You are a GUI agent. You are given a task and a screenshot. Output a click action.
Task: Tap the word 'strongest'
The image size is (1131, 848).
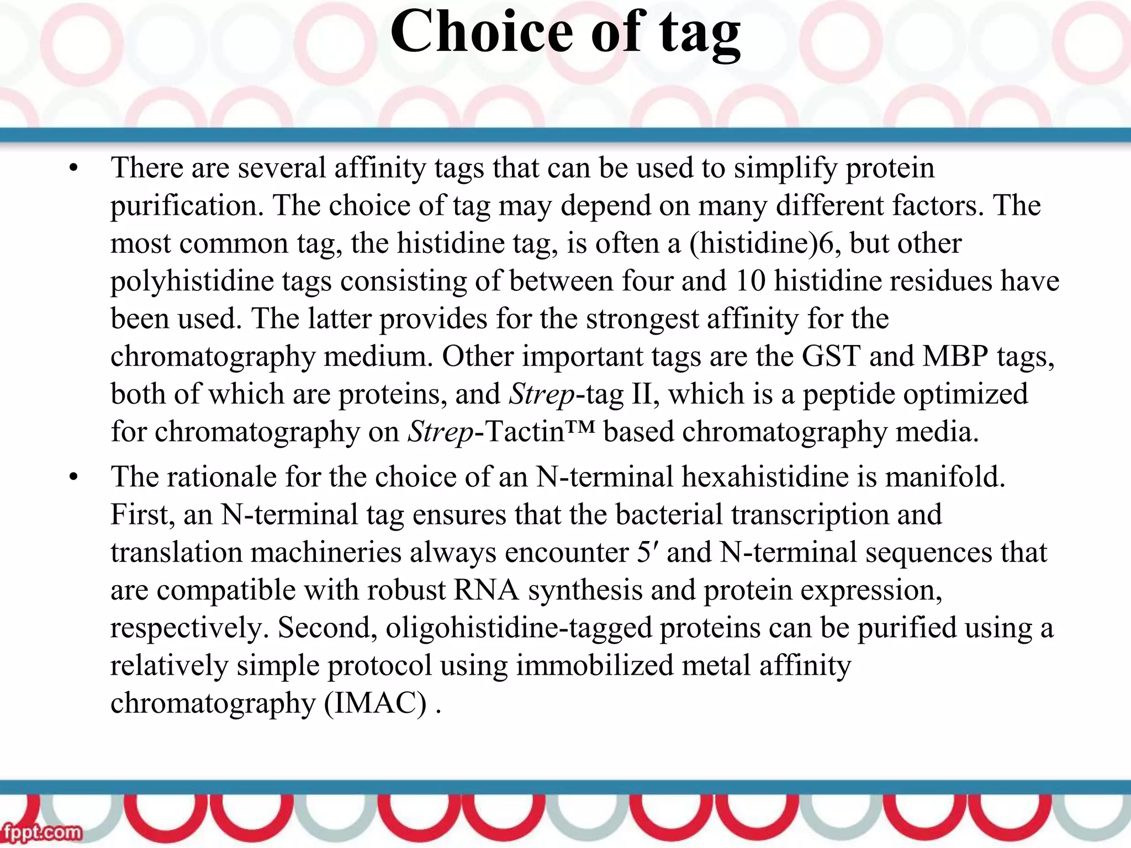(x=642, y=319)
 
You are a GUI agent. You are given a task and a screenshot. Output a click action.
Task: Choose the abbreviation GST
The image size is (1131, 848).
(x=831, y=356)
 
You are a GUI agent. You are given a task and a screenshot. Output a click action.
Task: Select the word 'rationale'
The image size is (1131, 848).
(x=221, y=477)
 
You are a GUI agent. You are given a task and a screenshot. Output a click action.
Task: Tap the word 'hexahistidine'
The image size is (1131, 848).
(x=765, y=477)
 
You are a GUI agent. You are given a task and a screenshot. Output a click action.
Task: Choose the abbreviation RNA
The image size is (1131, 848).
(x=486, y=590)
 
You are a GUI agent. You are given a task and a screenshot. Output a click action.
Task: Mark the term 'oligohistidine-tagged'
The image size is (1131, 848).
(x=519, y=628)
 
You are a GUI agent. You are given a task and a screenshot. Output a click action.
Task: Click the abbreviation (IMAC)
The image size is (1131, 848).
(x=376, y=703)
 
